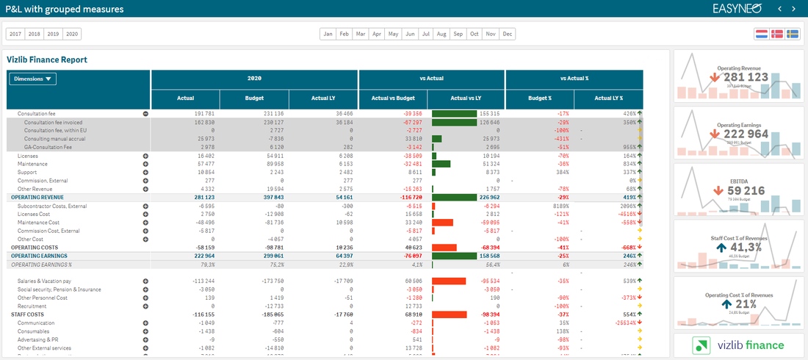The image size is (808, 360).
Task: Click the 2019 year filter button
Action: (53, 34)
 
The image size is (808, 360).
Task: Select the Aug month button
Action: (441, 34)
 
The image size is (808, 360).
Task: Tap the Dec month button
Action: (508, 34)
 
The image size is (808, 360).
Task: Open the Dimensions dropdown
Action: (32, 79)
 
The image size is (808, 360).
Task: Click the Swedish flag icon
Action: (793, 34)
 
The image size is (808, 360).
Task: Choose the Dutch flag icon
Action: (761, 34)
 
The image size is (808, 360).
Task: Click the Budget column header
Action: (253, 98)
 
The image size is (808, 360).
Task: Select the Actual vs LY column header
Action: (466, 98)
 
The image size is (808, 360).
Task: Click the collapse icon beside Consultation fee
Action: (145, 114)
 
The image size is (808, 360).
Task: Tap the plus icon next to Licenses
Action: (145, 156)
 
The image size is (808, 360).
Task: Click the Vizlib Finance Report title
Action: (47, 60)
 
